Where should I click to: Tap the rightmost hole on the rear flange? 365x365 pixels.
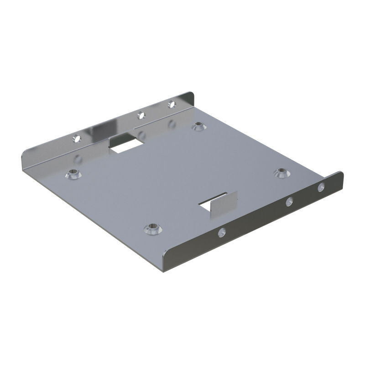pyautogui.click(x=172, y=104)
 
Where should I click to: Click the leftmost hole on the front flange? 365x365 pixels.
pyautogui.click(x=222, y=232)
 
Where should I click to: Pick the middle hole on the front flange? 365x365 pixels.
pyautogui.click(x=289, y=201)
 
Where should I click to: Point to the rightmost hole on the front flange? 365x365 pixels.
pyautogui.click(x=321, y=186)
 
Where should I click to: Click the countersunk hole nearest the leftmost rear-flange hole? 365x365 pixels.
pyautogui.click(x=72, y=173)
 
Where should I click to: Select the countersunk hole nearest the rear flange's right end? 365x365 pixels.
pyautogui.click(x=198, y=126)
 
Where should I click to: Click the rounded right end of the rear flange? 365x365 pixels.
pyautogui.click(x=191, y=97)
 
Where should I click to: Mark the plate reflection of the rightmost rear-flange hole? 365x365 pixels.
pyautogui.click(x=172, y=124)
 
